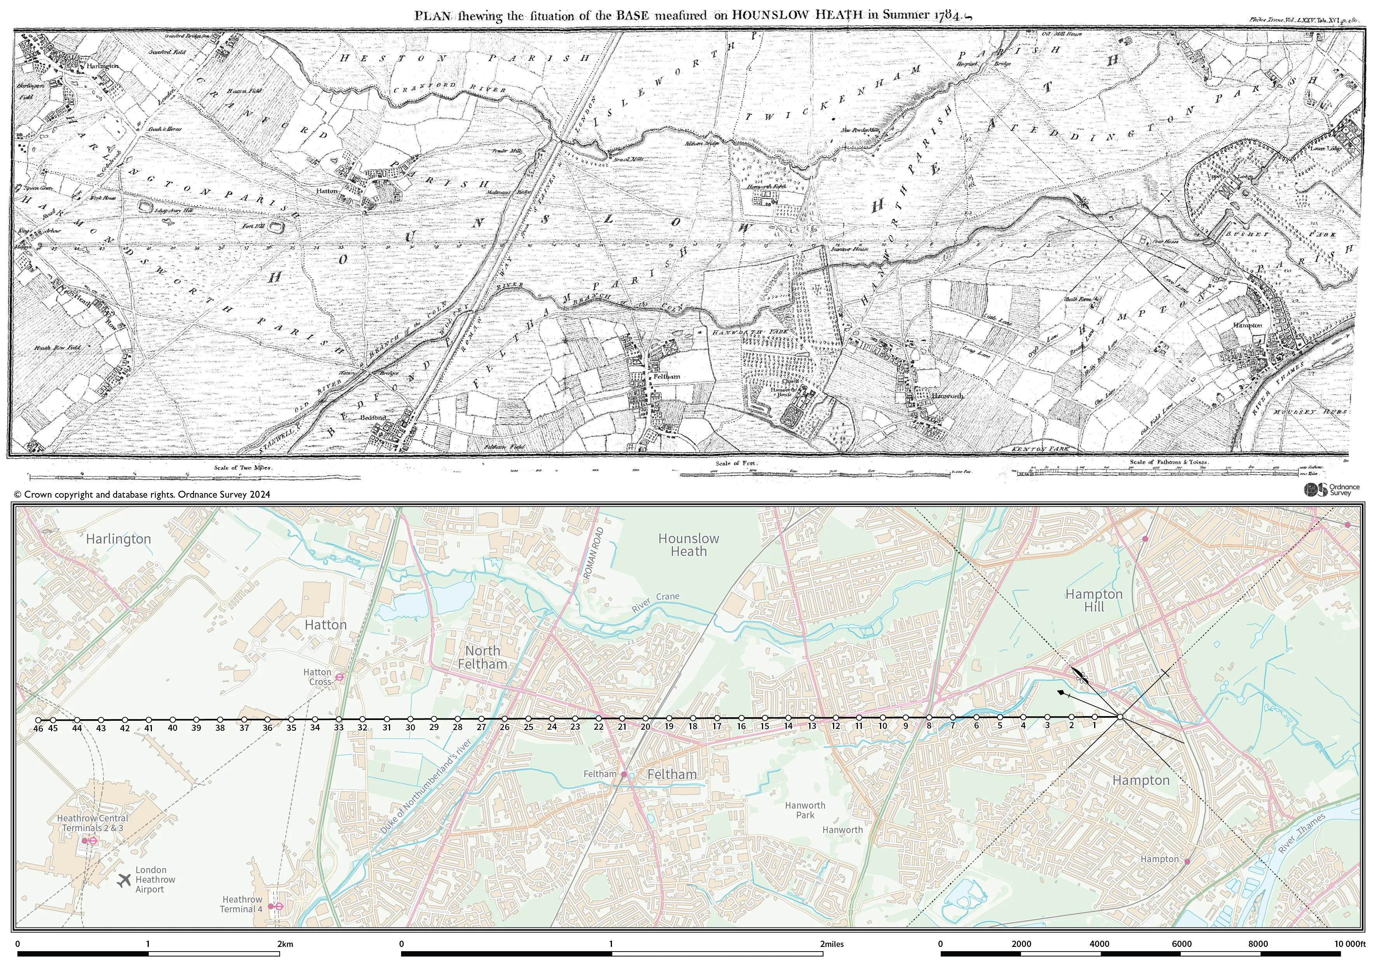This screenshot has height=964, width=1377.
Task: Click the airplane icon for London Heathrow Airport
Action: (124, 880)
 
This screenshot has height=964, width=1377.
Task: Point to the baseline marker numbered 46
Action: (38, 720)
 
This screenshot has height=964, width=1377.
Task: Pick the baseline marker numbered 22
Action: (598, 719)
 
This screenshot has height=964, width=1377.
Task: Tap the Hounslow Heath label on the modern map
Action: (688, 545)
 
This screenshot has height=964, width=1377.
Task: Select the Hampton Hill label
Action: (1094, 600)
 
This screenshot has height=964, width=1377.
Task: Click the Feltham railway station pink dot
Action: (624, 774)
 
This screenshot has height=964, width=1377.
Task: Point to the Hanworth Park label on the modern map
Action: (805, 810)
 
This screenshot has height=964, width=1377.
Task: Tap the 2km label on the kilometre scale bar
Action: (286, 944)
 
